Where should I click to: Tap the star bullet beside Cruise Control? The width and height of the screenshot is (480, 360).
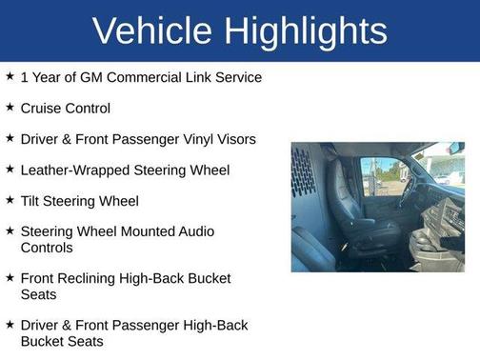[9, 108]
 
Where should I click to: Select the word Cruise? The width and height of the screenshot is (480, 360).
[43, 109]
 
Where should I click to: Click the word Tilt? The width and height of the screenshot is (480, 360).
[31, 201]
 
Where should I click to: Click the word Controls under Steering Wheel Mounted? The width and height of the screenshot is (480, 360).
[49, 248]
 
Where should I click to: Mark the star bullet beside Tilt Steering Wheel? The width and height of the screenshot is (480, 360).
[9, 200]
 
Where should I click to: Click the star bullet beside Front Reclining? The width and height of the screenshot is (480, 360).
[9, 277]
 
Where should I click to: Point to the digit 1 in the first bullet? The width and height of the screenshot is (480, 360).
[24, 77]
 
